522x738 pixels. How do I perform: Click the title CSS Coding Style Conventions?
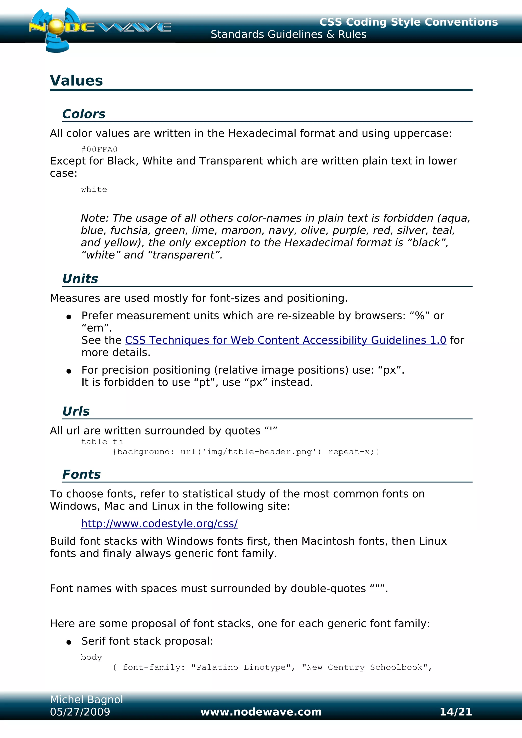(x=409, y=22)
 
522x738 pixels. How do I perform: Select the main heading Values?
(x=76, y=81)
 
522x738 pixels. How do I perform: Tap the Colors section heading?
(x=84, y=114)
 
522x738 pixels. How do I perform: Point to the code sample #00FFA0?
(x=99, y=150)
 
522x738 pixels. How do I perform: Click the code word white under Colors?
(x=94, y=190)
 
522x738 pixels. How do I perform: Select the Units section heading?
(x=80, y=279)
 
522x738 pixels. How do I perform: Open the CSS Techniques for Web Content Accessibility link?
(x=285, y=340)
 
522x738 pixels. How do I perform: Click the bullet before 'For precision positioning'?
(x=69, y=372)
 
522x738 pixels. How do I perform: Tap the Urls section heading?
(x=76, y=412)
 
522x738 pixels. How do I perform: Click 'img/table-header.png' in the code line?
(x=259, y=452)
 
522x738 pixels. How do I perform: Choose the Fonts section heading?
(x=81, y=474)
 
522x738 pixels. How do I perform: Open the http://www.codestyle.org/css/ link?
(x=159, y=524)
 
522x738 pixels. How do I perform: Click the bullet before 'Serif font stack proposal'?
(x=69, y=643)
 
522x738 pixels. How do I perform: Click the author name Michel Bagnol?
(x=86, y=700)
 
